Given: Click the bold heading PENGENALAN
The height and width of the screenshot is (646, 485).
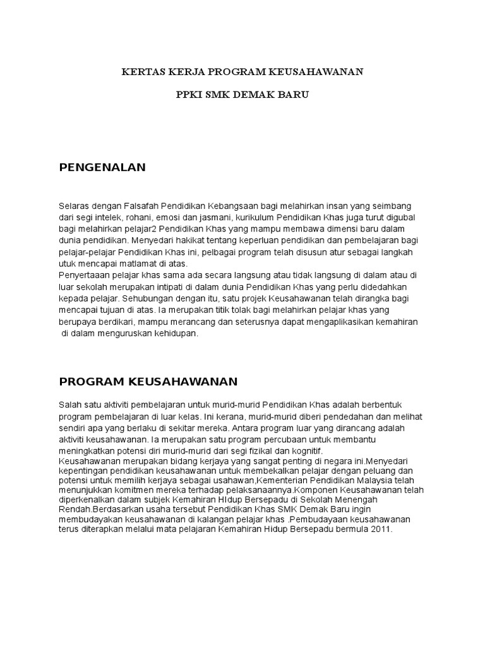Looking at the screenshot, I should pyautogui.click(x=102, y=167).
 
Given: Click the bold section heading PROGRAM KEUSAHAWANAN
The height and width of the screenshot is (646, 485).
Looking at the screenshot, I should pyautogui.click(x=148, y=382).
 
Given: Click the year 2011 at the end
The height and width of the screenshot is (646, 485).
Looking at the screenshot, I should pyautogui.click(x=381, y=530).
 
